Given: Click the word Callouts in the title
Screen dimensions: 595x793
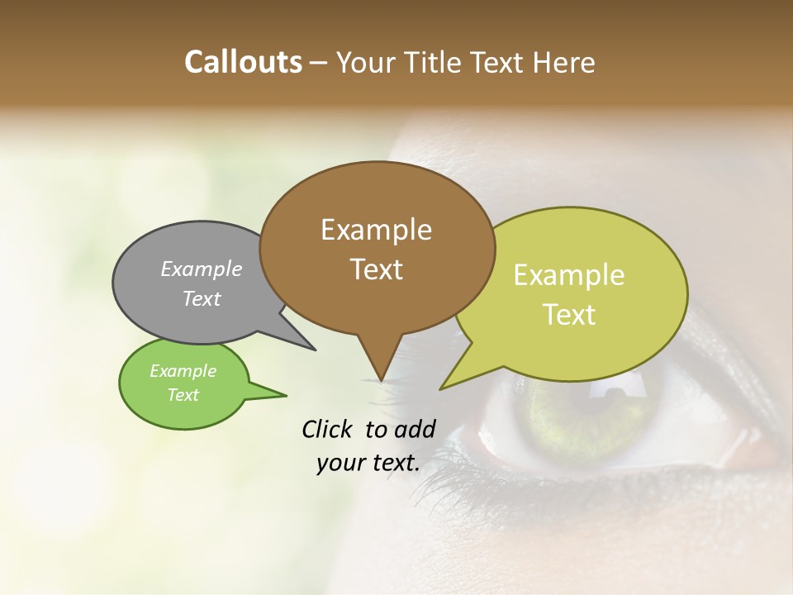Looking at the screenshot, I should [243, 62].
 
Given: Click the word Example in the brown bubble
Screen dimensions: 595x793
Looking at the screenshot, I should [376, 231].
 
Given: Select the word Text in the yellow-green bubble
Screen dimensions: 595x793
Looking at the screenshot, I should [569, 315].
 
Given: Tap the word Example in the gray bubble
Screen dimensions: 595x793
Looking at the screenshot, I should [202, 269].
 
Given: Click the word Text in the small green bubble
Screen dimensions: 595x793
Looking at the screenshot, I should [183, 395].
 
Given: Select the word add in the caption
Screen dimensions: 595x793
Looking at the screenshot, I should [415, 429].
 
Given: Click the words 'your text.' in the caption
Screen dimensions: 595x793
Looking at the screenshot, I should [368, 463].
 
